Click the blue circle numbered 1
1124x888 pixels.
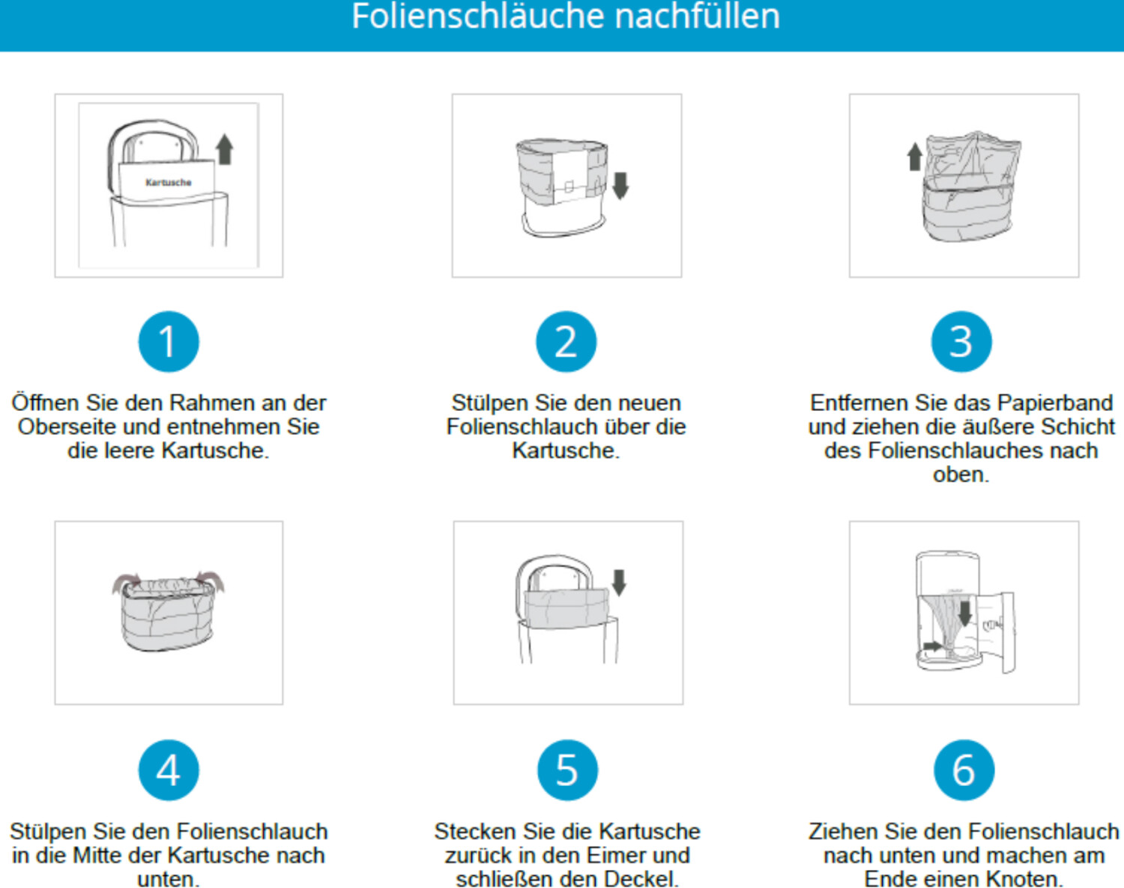pyautogui.click(x=169, y=341)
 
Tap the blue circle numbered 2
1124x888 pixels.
pyautogui.click(x=566, y=341)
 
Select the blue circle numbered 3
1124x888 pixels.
pyautogui.click(x=961, y=341)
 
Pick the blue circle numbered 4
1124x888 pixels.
pyautogui.click(x=169, y=769)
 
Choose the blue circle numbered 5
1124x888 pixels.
pyautogui.click(x=568, y=769)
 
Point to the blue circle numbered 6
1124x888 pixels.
pyautogui.click(x=964, y=769)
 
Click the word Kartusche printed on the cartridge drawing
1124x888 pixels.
pyautogui.click(x=168, y=182)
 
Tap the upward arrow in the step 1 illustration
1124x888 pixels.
pyautogui.click(x=225, y=149)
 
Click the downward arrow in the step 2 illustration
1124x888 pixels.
pyautogui.click(x=620, y=186)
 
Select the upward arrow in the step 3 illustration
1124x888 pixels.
pyautogui.click(x=914, y=157)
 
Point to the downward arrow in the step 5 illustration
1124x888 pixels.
pyautogui.click(x=619, y=583)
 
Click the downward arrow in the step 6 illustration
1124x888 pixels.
pyautogui.click(x=964, y=613)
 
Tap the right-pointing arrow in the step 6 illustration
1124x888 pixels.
pyautogui.click(x=933, y=646)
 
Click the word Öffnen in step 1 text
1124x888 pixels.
pyautogui.click(x=46, y=402)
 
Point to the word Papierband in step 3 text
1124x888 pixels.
pyautogui.click(x=1055, y=403)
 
